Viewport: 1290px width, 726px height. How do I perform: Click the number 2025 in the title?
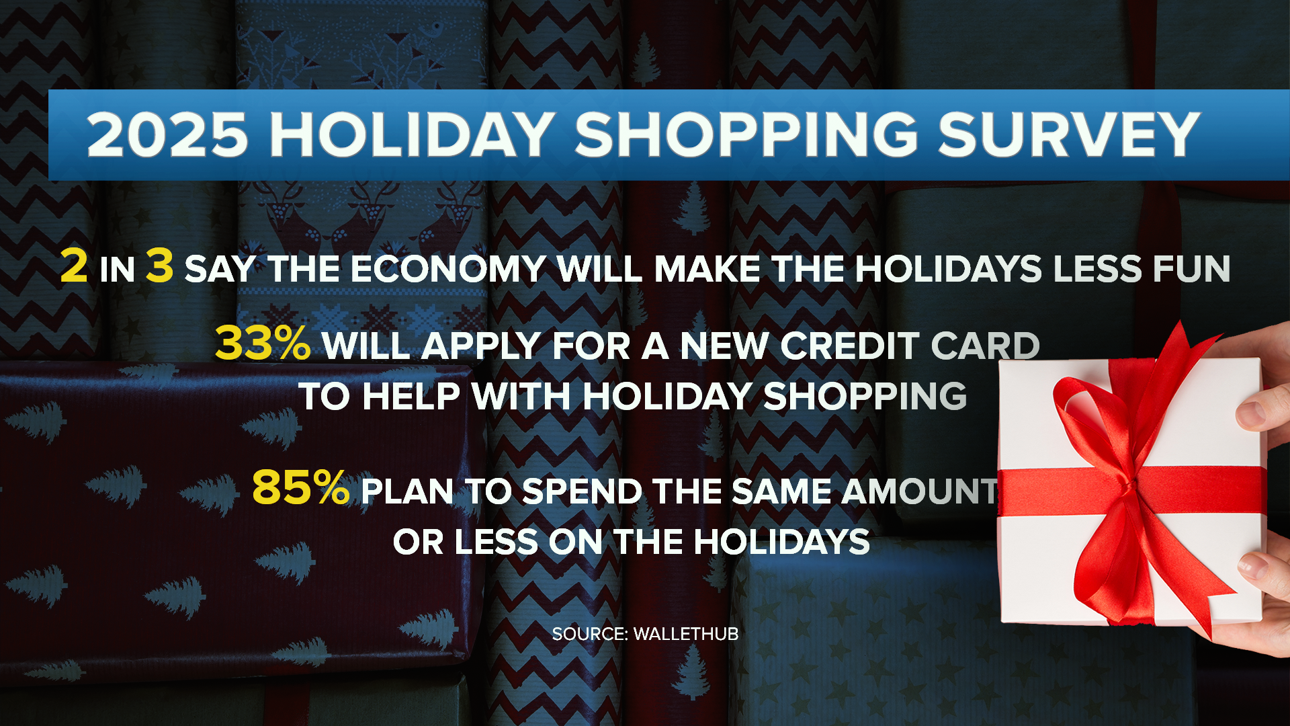[x=167, y=134]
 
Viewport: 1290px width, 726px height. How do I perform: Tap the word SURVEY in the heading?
[x=1068, y=134]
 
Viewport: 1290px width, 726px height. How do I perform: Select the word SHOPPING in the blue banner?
[x=746, y=134]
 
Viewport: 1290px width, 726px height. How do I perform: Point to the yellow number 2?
[x=74, y=266]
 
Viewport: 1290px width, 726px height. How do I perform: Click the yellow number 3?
[x=160, y=266]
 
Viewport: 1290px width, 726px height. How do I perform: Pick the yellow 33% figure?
[x=263, y=344]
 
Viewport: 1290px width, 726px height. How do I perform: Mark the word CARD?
[x=985, y=346]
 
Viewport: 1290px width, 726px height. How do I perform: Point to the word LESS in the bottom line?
[x=496, y=542]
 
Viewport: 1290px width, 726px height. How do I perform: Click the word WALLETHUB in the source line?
[x=685, y=634]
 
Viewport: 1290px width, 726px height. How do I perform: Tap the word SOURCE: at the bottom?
[x=589, y=634]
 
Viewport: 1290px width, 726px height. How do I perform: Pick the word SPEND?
[x=581, y=491]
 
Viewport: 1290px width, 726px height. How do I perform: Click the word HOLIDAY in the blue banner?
[x=411, y=134]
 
